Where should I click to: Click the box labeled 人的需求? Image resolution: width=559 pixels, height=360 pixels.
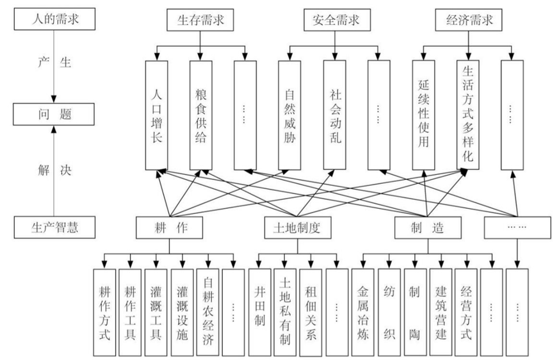pyautogui.click(x=54, y=17)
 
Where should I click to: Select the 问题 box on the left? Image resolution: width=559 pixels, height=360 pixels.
pyautogui.click(x=54, y=115)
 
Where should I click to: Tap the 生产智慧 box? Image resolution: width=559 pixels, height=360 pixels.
pyautogui.click(x=54, y=225)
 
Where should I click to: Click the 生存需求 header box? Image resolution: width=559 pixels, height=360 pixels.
pyautogui.click(x=200, y=20)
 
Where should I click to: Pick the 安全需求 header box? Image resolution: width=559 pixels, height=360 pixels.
pyautogui.click(x=332, y=20)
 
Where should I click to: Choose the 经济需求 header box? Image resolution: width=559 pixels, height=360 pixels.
pyautogui.click(x=469, y=20)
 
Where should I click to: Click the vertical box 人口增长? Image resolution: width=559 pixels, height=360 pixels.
pyautogui.click(x=156, y=115)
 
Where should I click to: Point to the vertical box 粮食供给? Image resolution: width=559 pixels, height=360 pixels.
pyautogui.click(x=200, y=115)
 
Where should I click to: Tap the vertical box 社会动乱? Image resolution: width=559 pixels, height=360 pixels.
pyautogui.click(x=334, y=115)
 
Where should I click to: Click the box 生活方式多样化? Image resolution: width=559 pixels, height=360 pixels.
pyautogui.click(x=468, y=115)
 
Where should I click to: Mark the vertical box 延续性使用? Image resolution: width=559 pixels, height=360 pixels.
pyautogui.click(x=423, y=115)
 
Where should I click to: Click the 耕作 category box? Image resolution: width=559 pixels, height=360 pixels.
pyautogui.click(x=169, y=226)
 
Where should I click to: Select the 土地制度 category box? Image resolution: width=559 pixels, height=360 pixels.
pyautogui.click(x=297, y=226)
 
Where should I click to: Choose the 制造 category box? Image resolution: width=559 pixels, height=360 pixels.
pyautogui.click(x=427, y=226)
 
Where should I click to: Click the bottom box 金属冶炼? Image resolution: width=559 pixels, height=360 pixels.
pyautogui.click(x=362, y=312)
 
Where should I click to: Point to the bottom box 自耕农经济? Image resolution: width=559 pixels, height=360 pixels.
pyautogui.click(x=208, y=312)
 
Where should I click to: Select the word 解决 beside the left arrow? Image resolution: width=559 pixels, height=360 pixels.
pyautogui.click(x=54, y=172)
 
